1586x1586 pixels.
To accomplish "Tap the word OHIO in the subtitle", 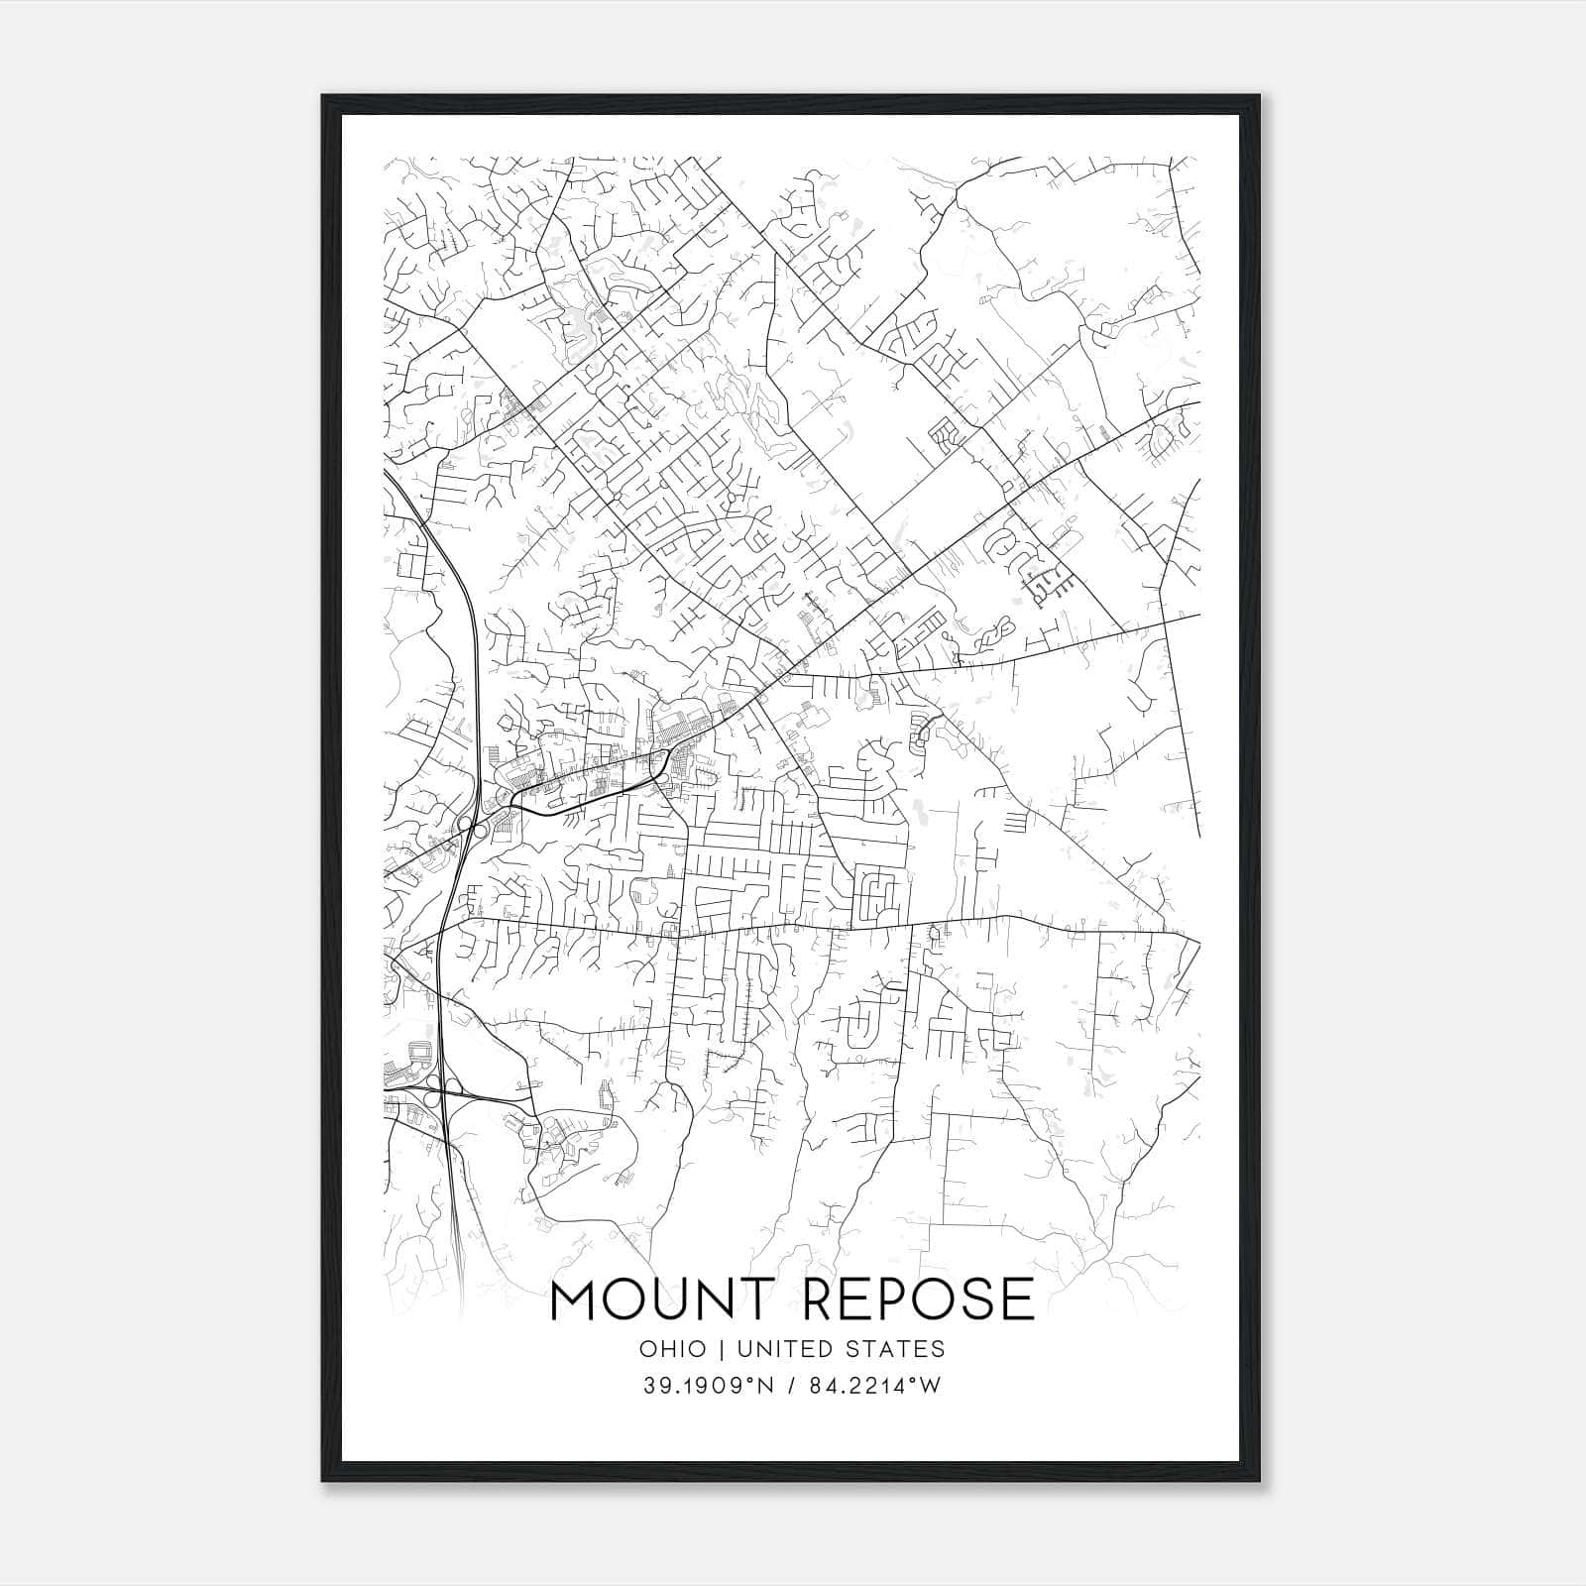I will pyautogui.click(x=673, y=1349).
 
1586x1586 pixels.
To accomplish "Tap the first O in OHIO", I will pyautogui.click(x=648, y=1349).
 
